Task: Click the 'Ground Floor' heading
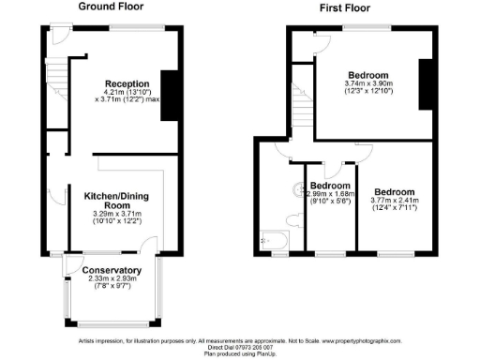[117, 7]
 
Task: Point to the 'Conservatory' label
[112, 265]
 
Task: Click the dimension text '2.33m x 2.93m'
[112, 278]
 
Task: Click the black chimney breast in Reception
[168, 96]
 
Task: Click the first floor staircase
[303, 108]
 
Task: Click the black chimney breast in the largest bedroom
[425, 86]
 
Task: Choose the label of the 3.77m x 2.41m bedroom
[395, 190]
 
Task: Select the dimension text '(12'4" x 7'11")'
[395, 209]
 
